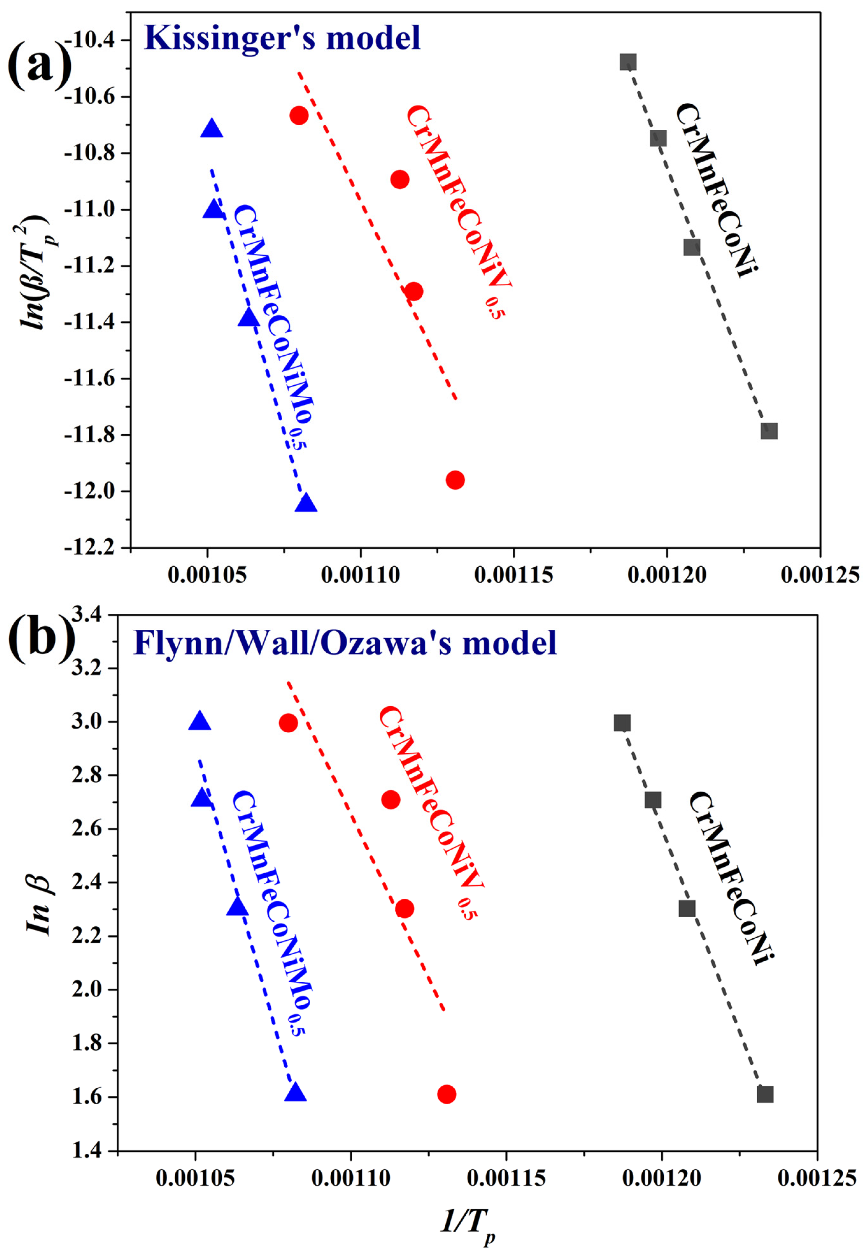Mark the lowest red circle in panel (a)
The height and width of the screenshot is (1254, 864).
(x=455, y=480)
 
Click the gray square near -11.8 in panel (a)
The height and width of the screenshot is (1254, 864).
(x=769, y=431)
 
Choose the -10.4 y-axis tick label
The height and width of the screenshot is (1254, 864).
(x=96, y=41)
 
